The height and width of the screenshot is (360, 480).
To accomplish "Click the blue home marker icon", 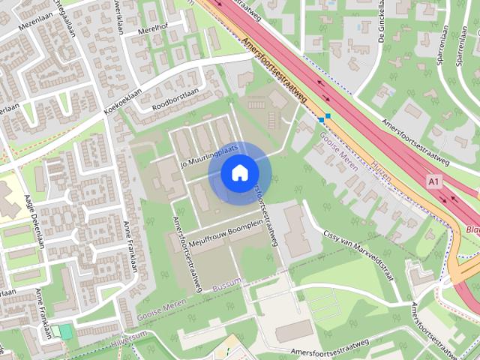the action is (x=239, y=173).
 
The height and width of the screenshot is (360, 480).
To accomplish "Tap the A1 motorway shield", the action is (x=433, y=182).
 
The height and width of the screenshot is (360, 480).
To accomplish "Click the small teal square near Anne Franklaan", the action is (x=67, y=331).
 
